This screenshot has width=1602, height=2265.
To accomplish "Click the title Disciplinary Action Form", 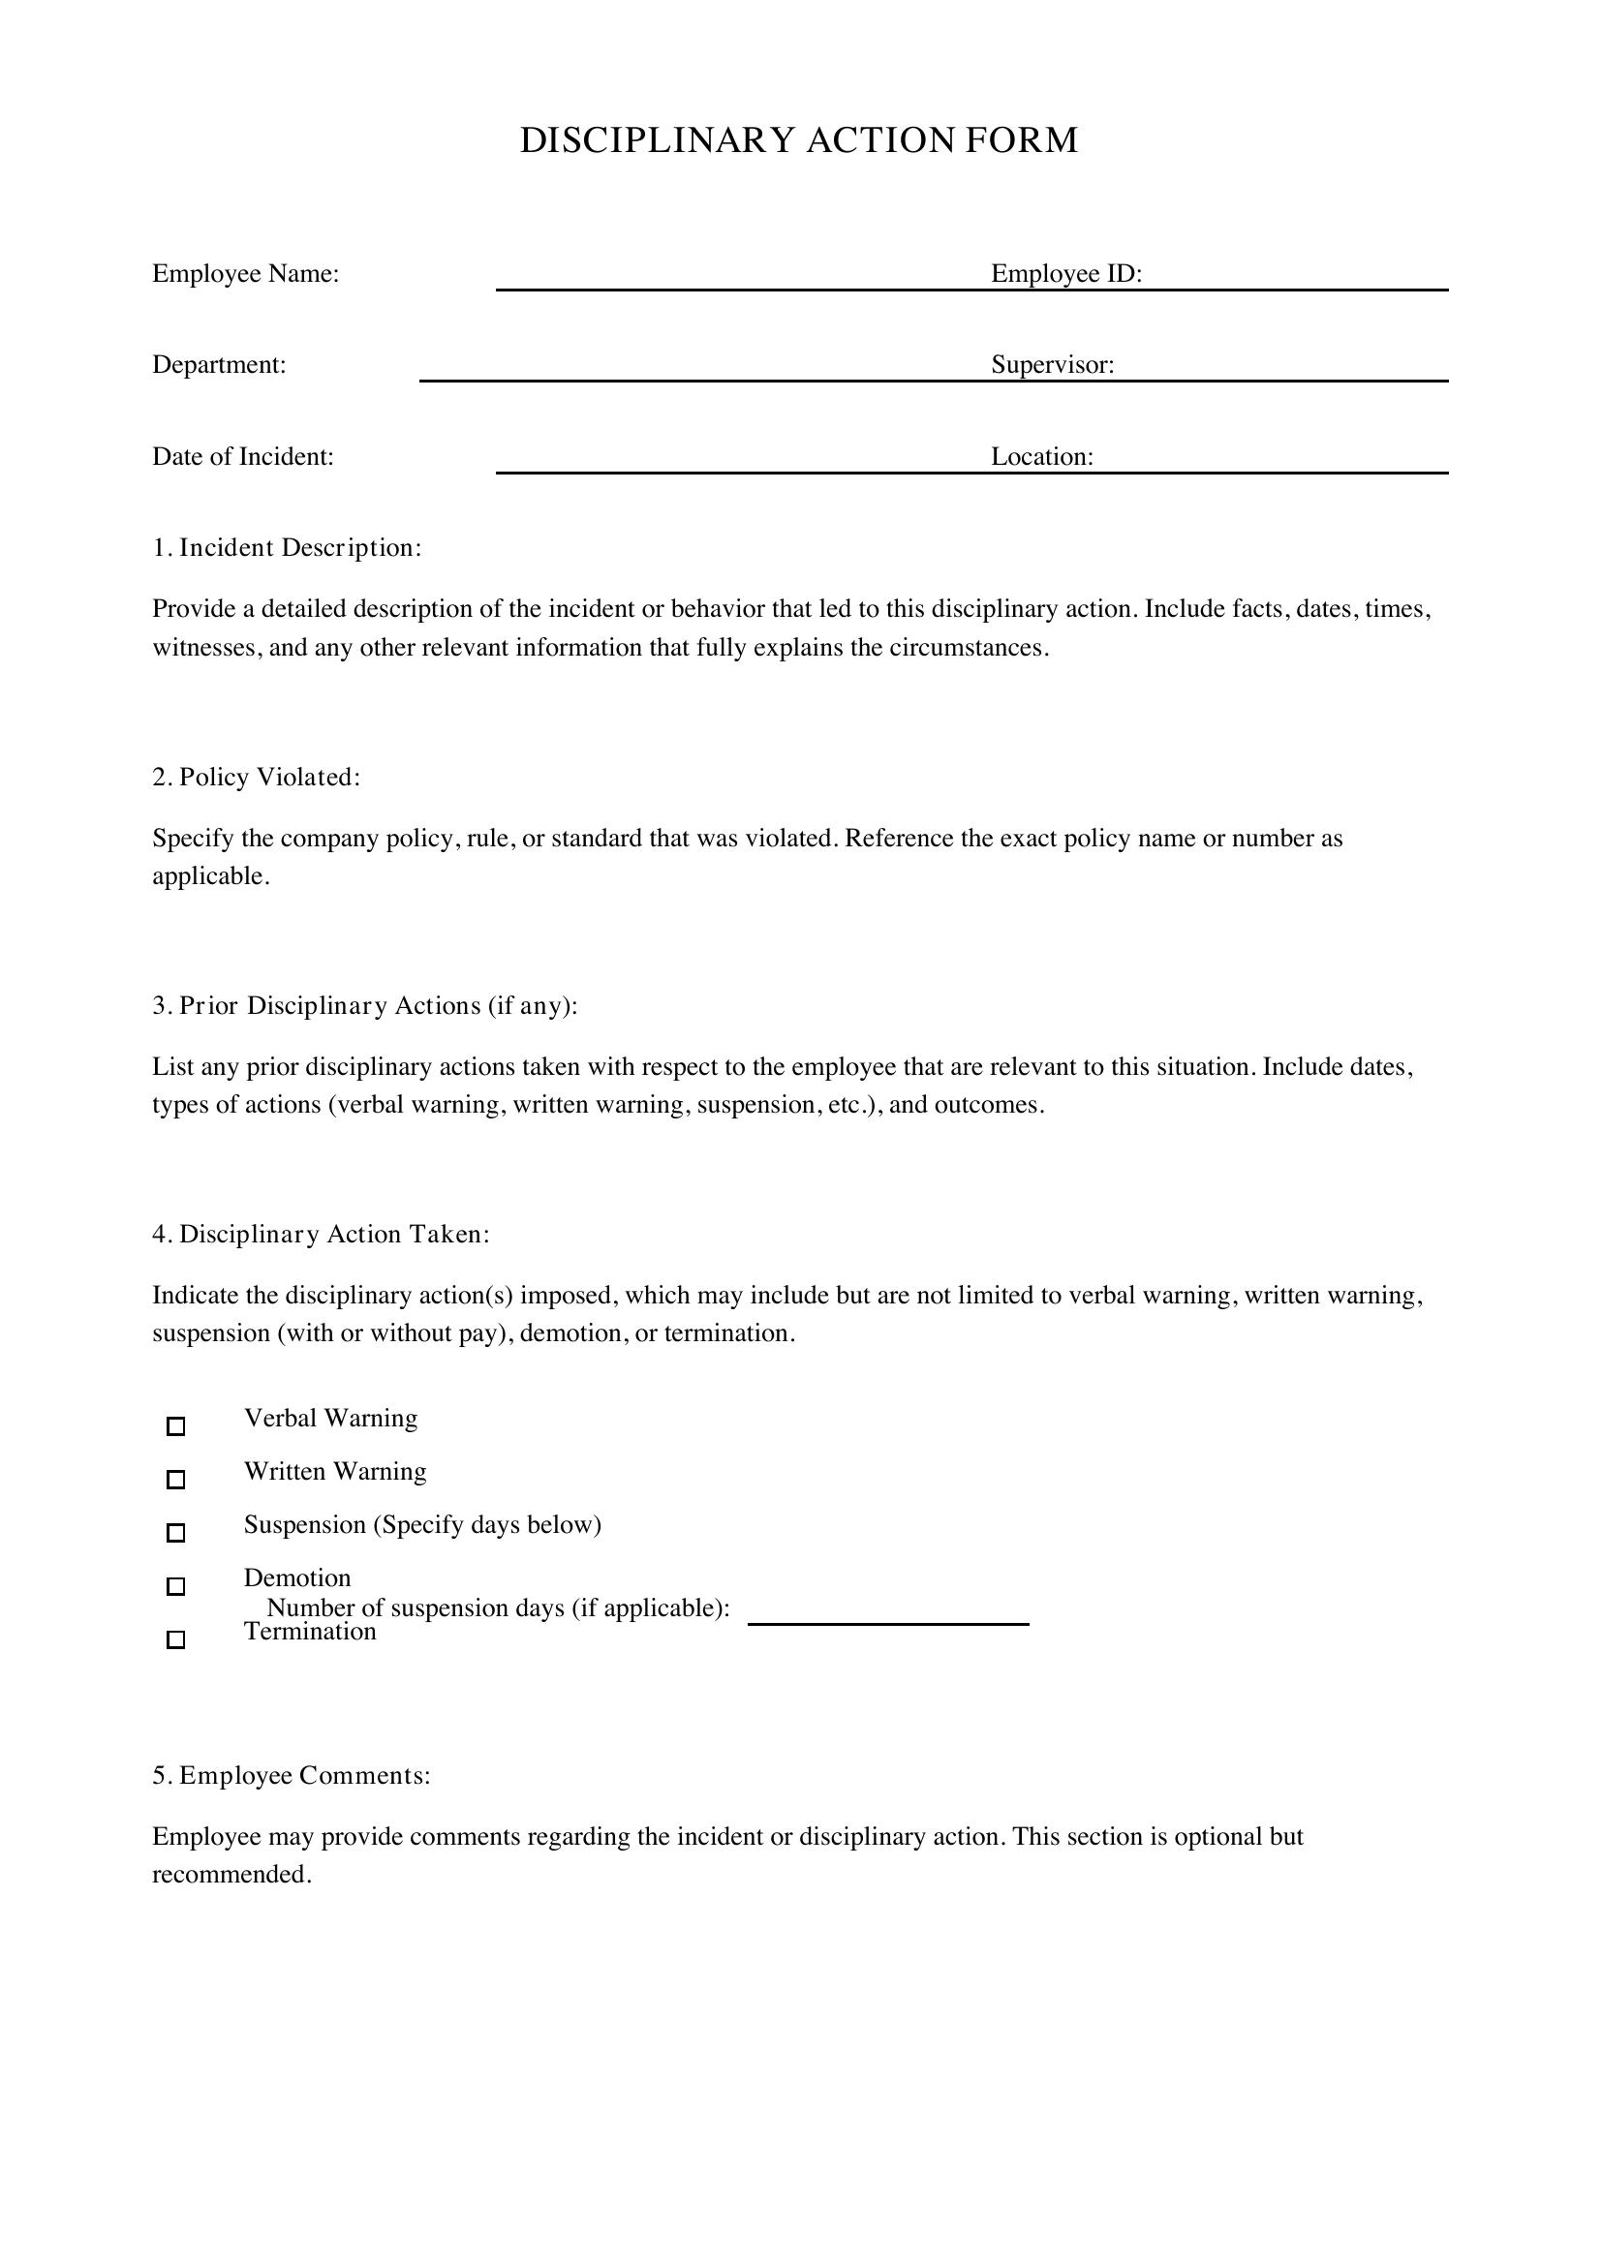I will (x=799, y=140).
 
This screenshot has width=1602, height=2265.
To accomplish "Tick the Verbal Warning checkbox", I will (x=175, y=1425).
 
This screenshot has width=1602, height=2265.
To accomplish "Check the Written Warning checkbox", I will (x=175, y=1479).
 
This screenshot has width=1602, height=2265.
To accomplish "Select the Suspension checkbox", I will (x=175, y=1532).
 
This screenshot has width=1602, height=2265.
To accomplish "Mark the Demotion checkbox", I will (x=175, y=1586).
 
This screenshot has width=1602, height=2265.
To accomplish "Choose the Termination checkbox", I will (x=175, y=1639).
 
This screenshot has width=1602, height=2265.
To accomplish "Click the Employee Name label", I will (x=246, y=273).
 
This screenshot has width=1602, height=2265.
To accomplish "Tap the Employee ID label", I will (x=1065, y=273).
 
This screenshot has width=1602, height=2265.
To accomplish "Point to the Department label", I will (x=219, y=365).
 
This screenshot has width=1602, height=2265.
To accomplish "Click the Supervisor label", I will (x=1053, y=365).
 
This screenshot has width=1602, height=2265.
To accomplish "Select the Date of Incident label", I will (x=243, y=457).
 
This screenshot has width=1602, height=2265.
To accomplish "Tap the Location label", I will (x=1042, y=457).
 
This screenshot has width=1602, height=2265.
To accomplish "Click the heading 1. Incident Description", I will (x=287, y=547).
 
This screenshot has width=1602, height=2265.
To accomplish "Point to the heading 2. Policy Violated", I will (x=257, y=778).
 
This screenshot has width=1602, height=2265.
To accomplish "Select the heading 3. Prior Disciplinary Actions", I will (x=365, y=1005).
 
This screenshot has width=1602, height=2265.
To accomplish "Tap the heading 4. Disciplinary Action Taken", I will (x=321, y=1234).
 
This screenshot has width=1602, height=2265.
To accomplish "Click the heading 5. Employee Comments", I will (x=291, y=1776).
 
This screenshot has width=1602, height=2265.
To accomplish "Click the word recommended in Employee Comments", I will (x=231, y=1875).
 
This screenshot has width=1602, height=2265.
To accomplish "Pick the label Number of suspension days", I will (x=498, y=1608).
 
